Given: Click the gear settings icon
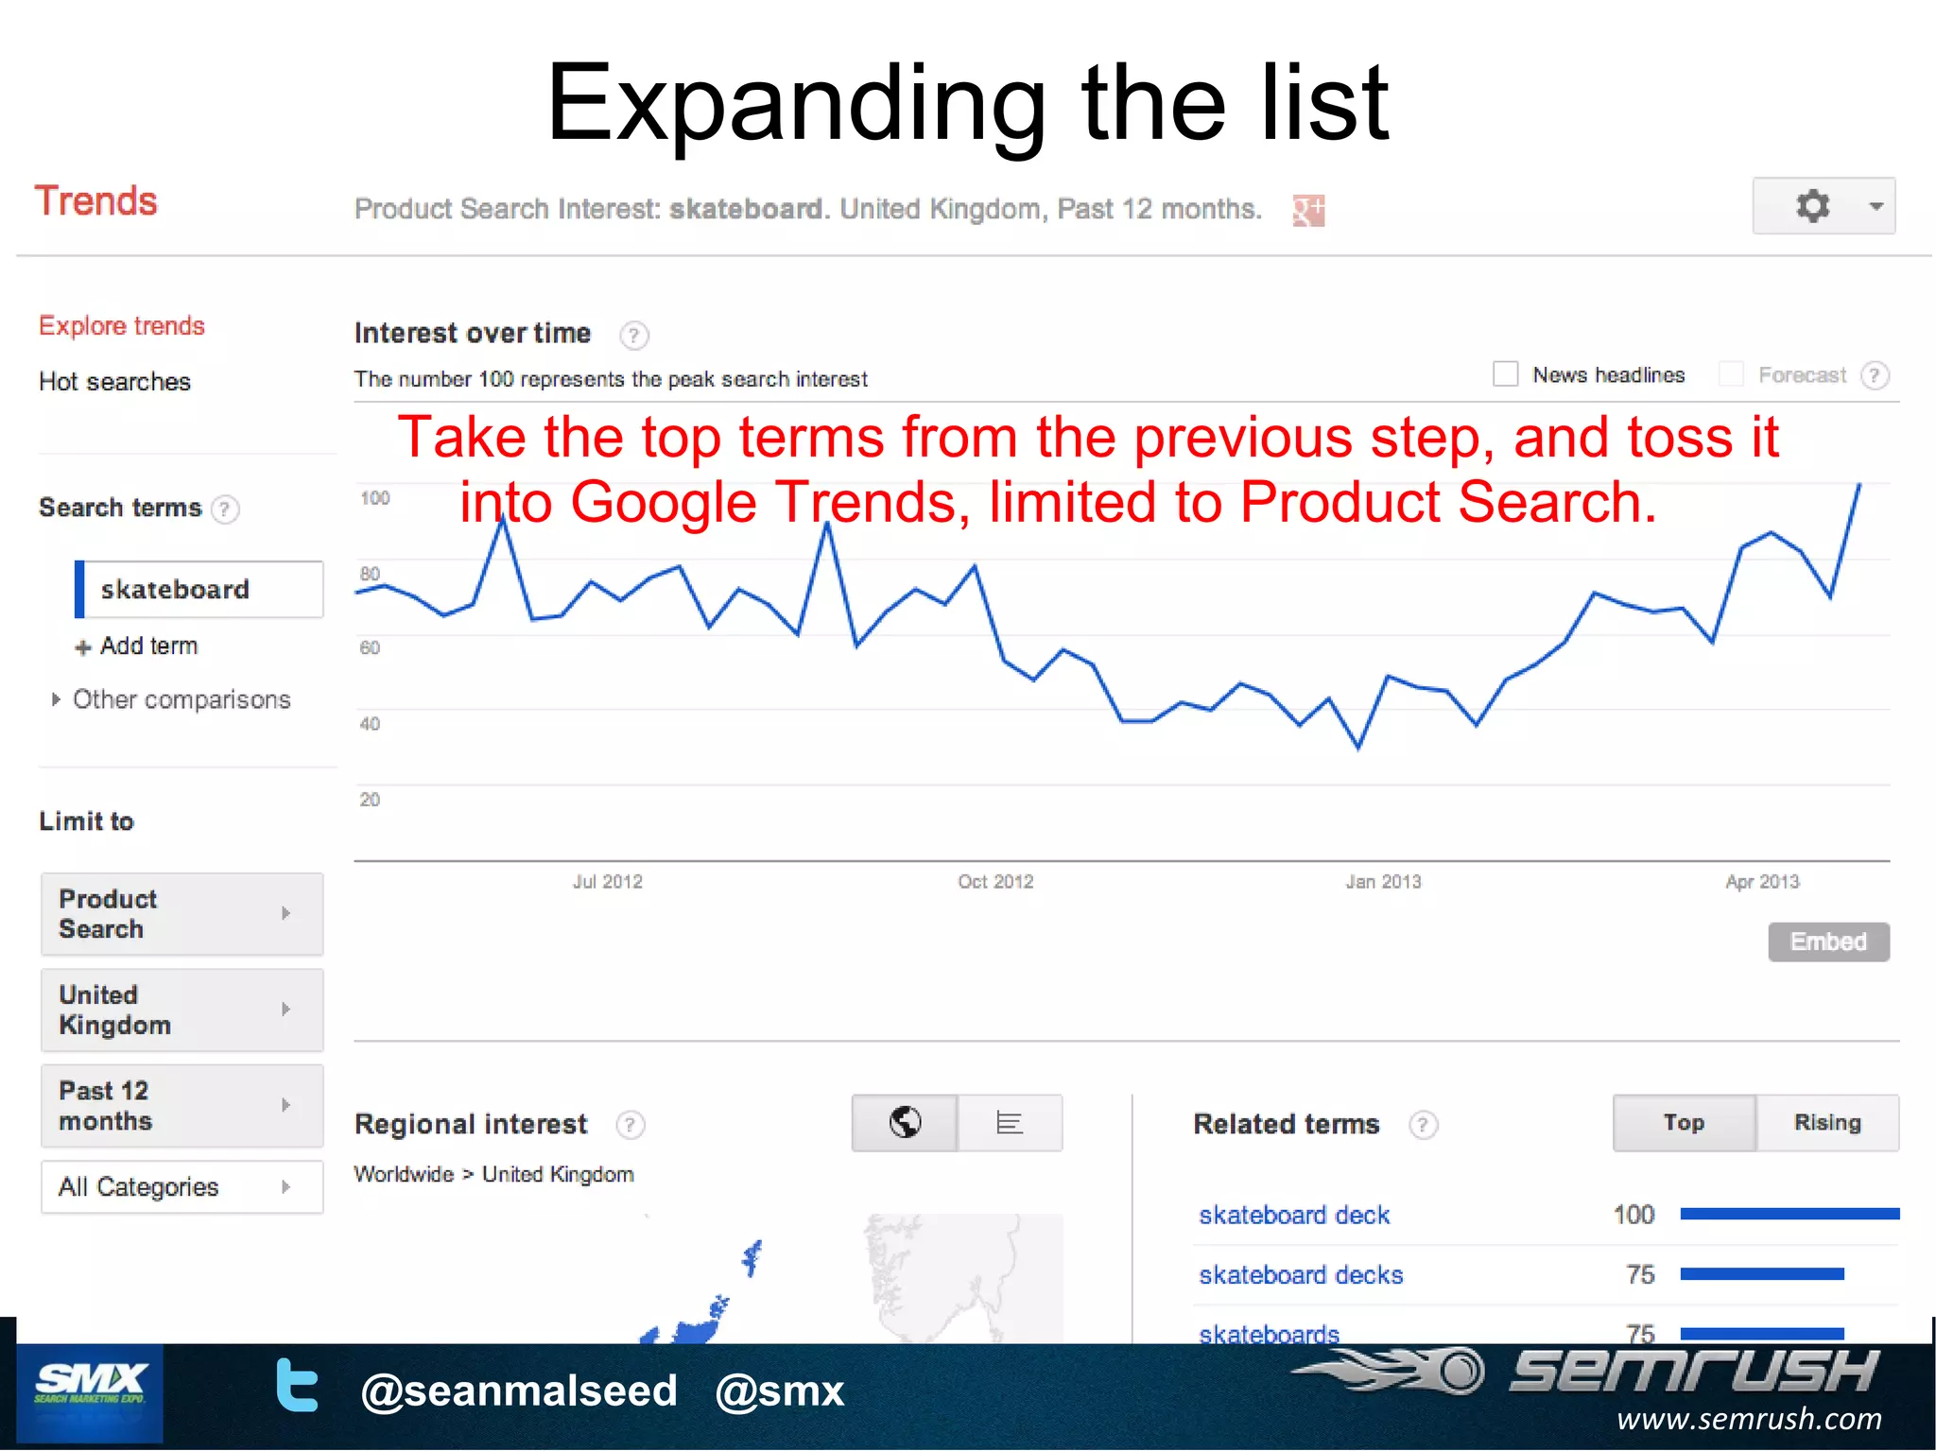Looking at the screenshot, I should tap(1811, 206).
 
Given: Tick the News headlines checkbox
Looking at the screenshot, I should tap(1505, 374).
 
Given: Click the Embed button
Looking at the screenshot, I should tap(1828, 941).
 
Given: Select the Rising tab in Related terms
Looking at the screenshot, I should tap(1826, 1123).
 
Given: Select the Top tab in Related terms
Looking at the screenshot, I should tap(1684, 1123).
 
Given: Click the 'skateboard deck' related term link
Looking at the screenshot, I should tap(1293, 1215).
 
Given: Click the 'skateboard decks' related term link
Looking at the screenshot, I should tap(1300, 1275).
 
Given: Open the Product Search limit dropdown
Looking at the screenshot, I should tap(181, 914).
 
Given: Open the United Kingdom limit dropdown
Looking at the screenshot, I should tap(181, 1010).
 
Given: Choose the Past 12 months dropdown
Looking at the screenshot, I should tap(181, 1106).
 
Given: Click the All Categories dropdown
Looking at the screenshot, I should tap(181, 1186).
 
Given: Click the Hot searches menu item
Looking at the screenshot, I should tap(114, 382).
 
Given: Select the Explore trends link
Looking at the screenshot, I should tap(121, 326).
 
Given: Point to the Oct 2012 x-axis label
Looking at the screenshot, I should tap(994, 882).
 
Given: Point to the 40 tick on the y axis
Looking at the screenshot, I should tap(370, 724).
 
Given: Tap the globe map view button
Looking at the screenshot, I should tap(905, 1123).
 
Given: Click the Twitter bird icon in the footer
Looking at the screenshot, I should tap(296, 1385).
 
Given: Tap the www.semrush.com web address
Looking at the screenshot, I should tap(1748, 1419).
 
